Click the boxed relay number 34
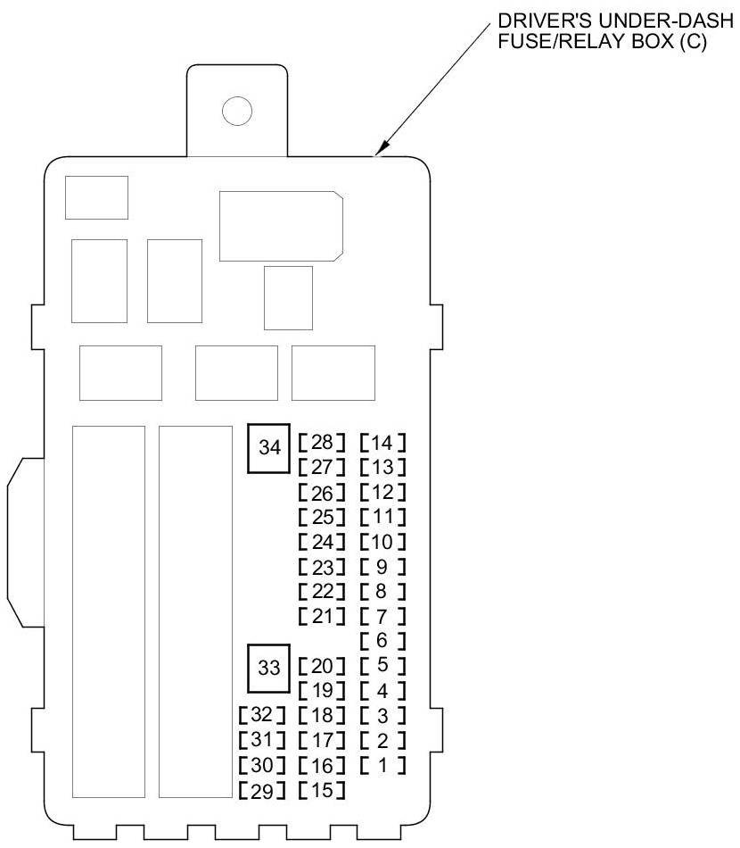tap(269, 448)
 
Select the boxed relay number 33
tap(269, 667)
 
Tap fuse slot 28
tap(322, 442)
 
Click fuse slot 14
tap(382, 442)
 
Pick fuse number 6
tap(382, 640)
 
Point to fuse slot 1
tap(382, 765)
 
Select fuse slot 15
tap(322, 790)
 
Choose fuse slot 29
tap(262, 790)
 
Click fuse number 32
tap(262, 715)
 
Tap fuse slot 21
tap(322, 616)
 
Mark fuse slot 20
tap(322, 666)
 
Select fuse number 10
tap(382, 541)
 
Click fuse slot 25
tap(322, 517)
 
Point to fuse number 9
tap(382, 566)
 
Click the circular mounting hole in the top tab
tap(237, 111)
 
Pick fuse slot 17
tap(322, 740)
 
